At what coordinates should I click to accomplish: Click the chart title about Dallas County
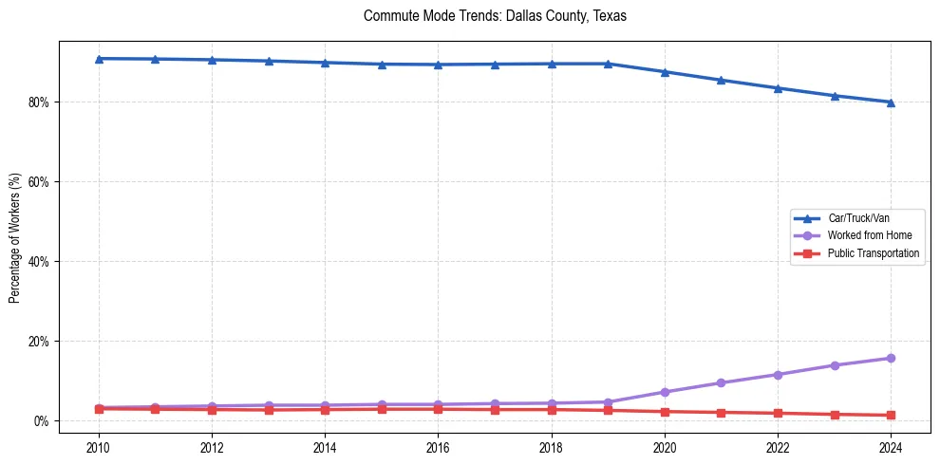click(x=495, y=17)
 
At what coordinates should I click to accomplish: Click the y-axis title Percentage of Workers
click(x=15, y=238)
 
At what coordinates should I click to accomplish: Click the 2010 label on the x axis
click(x=99, y=447)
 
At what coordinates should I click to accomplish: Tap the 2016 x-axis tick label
click(x=438, y=447)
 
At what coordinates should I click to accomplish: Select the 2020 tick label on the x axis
click(x=665, y=447)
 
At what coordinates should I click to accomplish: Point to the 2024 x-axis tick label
click(x=891, y=447)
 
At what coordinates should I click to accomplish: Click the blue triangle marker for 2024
click(x=891, y=102)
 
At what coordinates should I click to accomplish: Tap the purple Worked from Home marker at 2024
click(x=891, y=358)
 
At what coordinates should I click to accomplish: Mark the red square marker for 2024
click(x=891, y=415)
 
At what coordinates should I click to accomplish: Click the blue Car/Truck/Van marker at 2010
click(x=99, y=59)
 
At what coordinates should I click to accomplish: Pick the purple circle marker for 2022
click(x=778, y=375)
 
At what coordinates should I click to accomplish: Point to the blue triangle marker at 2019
click(x=608, y=64)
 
